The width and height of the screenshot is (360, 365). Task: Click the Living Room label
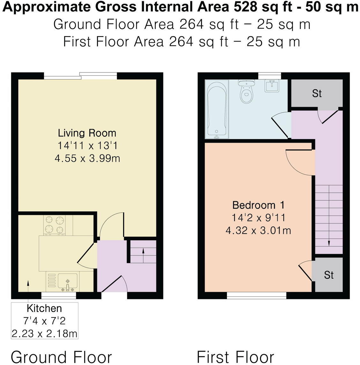pyautogui.click(x=87, y=133)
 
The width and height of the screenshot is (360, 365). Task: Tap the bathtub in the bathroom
pyautogui.click(x=217, y=108)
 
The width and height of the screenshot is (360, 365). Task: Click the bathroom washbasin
pyautogui.click(x=272, y=86)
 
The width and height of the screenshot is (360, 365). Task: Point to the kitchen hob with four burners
pyautogui.click(x=54, y=225)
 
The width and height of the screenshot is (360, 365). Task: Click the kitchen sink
pyautogui.click(x=67, y=281)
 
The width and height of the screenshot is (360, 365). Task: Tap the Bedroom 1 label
pyautogui.click(x=258, y=205)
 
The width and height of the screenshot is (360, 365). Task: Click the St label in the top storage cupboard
pyautogui.click(x=317, y=93)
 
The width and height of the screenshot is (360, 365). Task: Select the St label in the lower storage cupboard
pyautogui.click(x=329, y=275)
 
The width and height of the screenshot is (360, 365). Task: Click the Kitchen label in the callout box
pyautogui.click(x=44, y=308)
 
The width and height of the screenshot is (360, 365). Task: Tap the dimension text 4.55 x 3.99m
pyautogui.click(x=87, y=158)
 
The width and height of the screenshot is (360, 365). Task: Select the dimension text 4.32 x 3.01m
pyautogui.click(x=258, y=230)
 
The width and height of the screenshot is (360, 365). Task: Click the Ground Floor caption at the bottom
pyautogui.click(x=61, y=357)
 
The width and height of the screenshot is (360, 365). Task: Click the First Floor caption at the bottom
pyautogui.click(x=235, y=357)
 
